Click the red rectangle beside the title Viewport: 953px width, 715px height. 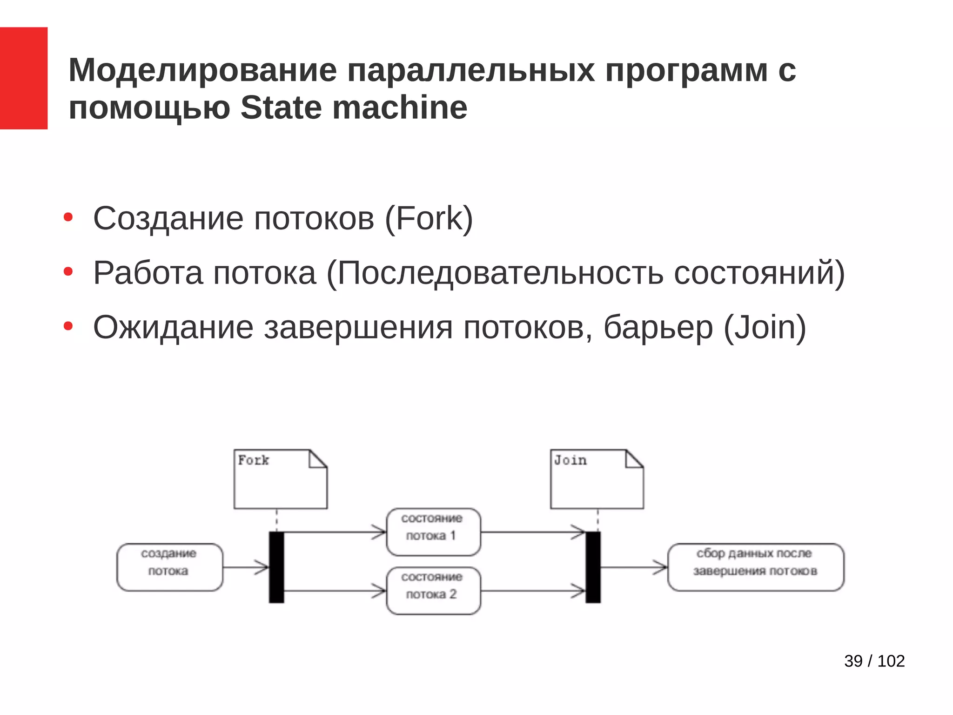coord(23,78)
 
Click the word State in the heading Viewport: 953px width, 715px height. coord(281,108)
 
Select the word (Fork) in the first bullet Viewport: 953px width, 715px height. coord(429,218)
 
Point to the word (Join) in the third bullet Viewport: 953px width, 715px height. coord(765,328)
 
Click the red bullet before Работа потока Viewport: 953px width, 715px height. coord(68,271)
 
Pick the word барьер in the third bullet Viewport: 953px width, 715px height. coord(658,328)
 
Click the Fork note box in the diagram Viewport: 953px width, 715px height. coord(280,479)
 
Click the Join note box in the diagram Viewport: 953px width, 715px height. coord(597,479)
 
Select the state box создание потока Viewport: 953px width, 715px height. coord(169,567)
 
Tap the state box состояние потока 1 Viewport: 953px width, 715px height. coord(433,532)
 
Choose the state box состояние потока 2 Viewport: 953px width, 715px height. coord(433,590)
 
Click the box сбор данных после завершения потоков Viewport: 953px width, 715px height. coord(755,567)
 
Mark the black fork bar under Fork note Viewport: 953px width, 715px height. coord(276,567)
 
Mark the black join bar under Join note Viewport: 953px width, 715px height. coord(593,567)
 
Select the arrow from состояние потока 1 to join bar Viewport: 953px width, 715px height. coord(533,532)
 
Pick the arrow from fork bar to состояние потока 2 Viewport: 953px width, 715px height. coord(335,591)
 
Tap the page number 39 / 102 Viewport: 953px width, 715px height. coord(874,661)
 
